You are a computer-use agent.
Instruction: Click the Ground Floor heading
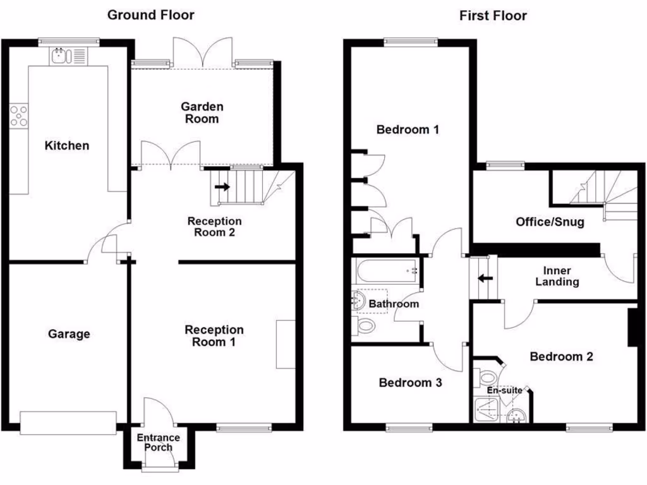pyautogui.click(x=150, y=15)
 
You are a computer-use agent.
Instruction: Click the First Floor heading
pyautogui.click(x=492, y=15)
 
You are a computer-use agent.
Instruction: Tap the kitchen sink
pyautogui.click(x=61, y=56)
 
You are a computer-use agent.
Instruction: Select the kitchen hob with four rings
pyautogui.click(x=19, y=116)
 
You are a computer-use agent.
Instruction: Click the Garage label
pyautogui.click(x=69, y=334)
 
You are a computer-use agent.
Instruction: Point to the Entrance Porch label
pyautogui.click(x=159, y=442)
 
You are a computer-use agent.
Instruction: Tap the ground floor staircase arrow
pyautogui.click(x=222, y=187)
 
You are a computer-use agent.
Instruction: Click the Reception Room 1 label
pyautogui.click(x=214, y=336)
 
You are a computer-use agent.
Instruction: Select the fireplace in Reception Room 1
pyautogui.click(x=286, y=344)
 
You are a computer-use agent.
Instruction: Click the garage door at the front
pyautogui.click(x=68, y=422)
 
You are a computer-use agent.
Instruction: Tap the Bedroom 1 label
pyautogui.click(x=408, y=130)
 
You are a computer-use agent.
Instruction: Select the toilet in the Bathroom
pyautogui.click(x=364, y=326)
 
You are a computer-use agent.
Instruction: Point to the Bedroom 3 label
pyautogui.click(x=410, y=382)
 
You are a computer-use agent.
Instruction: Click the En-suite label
pyautogui.click(x=504, y=390)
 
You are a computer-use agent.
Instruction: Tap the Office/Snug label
pyautogui.click(x=550, y=222)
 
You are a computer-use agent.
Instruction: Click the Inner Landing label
pyautogui.click(x=557, y=276)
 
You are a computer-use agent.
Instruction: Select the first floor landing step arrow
pyautogui.click(x=485, y=278)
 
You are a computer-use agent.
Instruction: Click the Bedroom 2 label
pyautogui.click(x=561, y=357)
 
